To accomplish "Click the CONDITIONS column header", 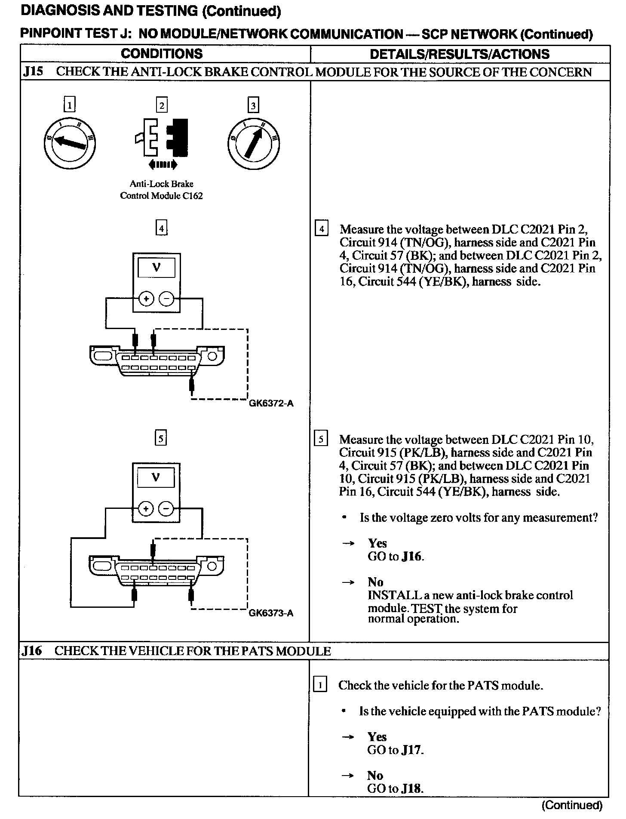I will tap(162, 54).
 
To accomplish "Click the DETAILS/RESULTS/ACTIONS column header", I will tap(459, 54).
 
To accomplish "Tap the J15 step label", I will tap(33, 71).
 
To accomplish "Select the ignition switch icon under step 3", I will tap(253, 143).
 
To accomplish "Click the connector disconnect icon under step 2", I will tap(162, 138).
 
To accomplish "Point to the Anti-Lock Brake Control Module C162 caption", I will tap(161, 190).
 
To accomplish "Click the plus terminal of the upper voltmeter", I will tap(147, 299).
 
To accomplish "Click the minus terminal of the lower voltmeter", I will tap(166, 509).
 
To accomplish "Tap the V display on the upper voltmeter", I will tap(156, 268).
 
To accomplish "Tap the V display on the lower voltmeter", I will tap(156, 477).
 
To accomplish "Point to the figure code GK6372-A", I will tap(271, 403).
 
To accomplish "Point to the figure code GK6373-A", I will tap(271, 613).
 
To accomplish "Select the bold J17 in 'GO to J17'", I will tap(411, 750).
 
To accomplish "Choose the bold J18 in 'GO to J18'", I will tap(411, 789).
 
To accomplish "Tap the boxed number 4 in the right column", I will tap(321, 229).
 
